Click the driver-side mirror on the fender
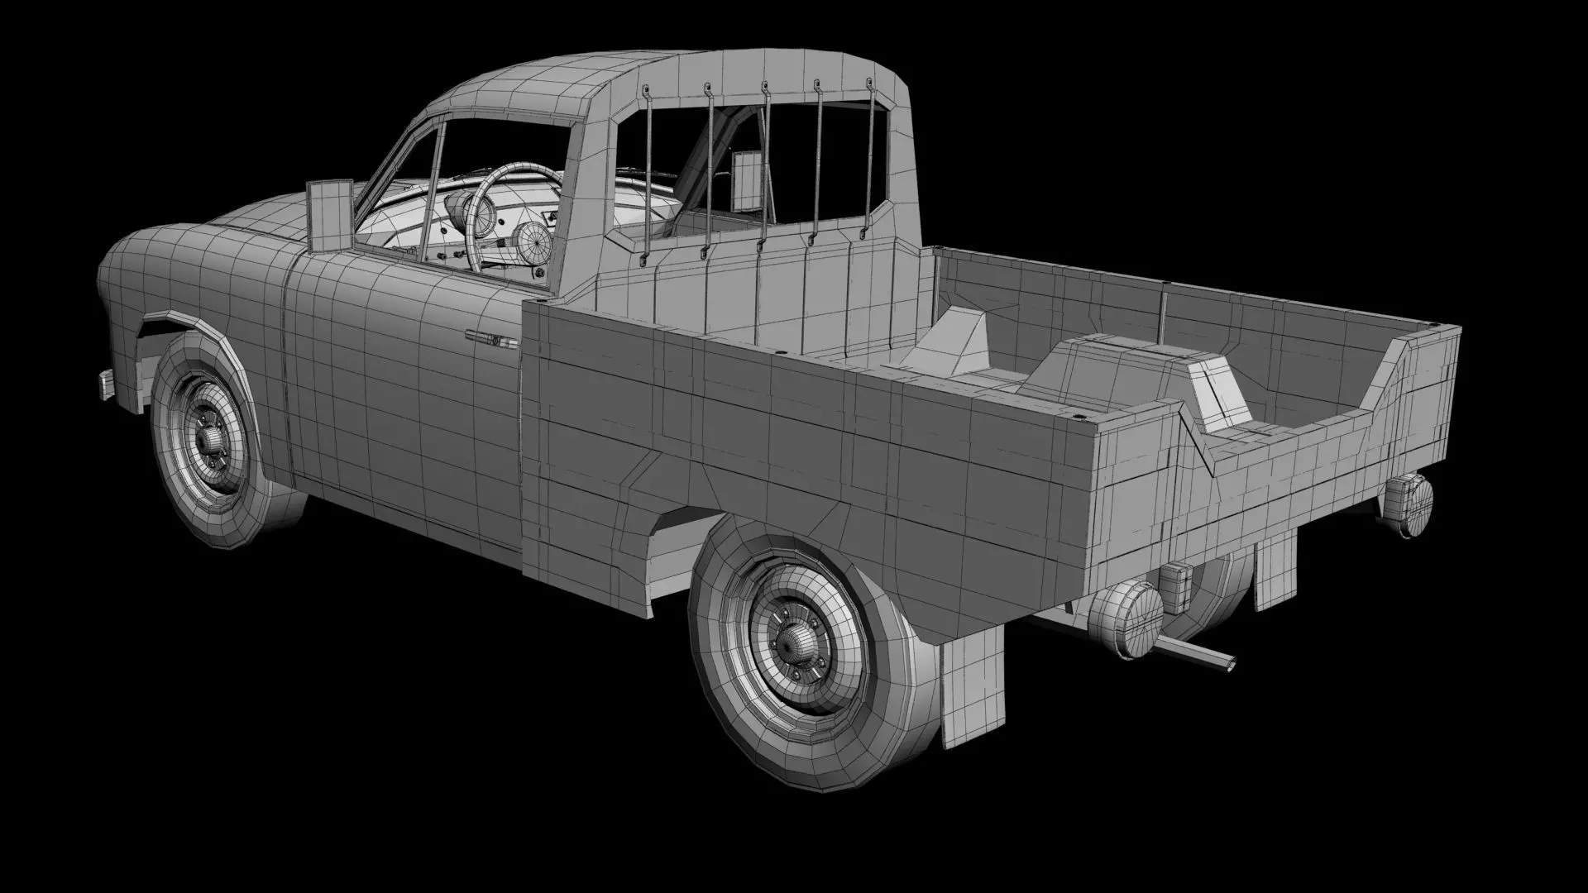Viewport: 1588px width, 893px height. pos(328,215)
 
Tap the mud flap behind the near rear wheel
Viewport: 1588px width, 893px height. pos(973,690)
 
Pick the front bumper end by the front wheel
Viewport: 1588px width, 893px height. pos(106,384)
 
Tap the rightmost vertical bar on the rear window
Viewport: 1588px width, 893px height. pos(868,157)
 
